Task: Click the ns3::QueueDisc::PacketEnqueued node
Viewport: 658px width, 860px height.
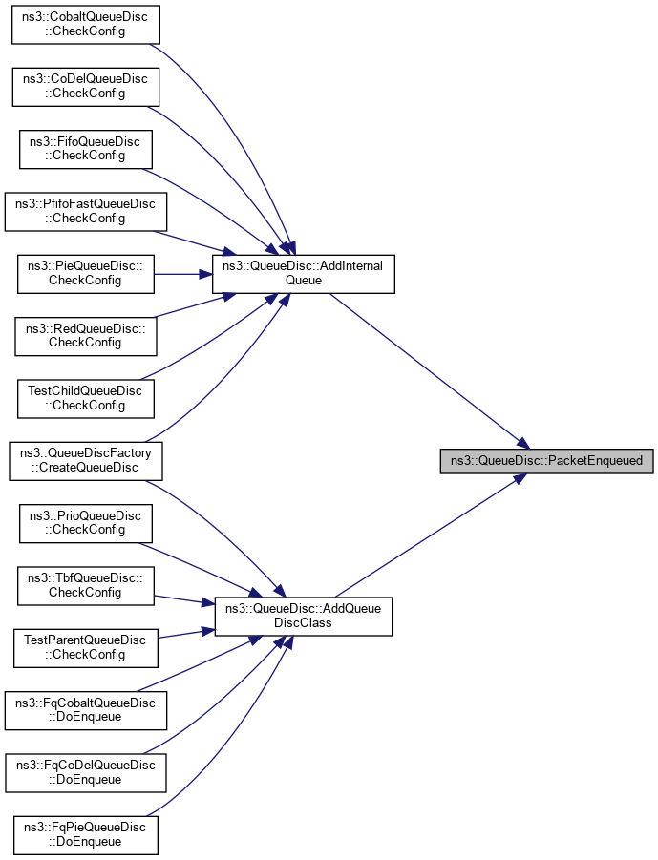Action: (547, 461)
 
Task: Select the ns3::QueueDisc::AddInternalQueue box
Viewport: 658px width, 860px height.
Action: (303, 274)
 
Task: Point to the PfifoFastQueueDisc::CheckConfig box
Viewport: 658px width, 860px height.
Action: (86, 211)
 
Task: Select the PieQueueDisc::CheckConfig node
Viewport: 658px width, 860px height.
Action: (86, 274)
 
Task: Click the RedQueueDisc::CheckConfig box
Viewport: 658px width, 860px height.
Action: (86, 335)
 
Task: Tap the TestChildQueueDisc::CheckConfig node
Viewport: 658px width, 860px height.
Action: (86, 398)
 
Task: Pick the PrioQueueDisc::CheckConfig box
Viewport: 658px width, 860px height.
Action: (86, 523)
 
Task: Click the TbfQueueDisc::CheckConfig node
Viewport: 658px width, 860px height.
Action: (86, 585)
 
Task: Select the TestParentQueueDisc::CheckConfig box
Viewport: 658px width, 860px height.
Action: (86, 647)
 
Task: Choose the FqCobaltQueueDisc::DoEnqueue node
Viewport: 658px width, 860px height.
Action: (86, 710)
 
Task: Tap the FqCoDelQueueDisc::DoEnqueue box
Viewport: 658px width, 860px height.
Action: (86, 772)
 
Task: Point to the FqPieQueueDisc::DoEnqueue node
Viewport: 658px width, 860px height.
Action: (86, 834)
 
